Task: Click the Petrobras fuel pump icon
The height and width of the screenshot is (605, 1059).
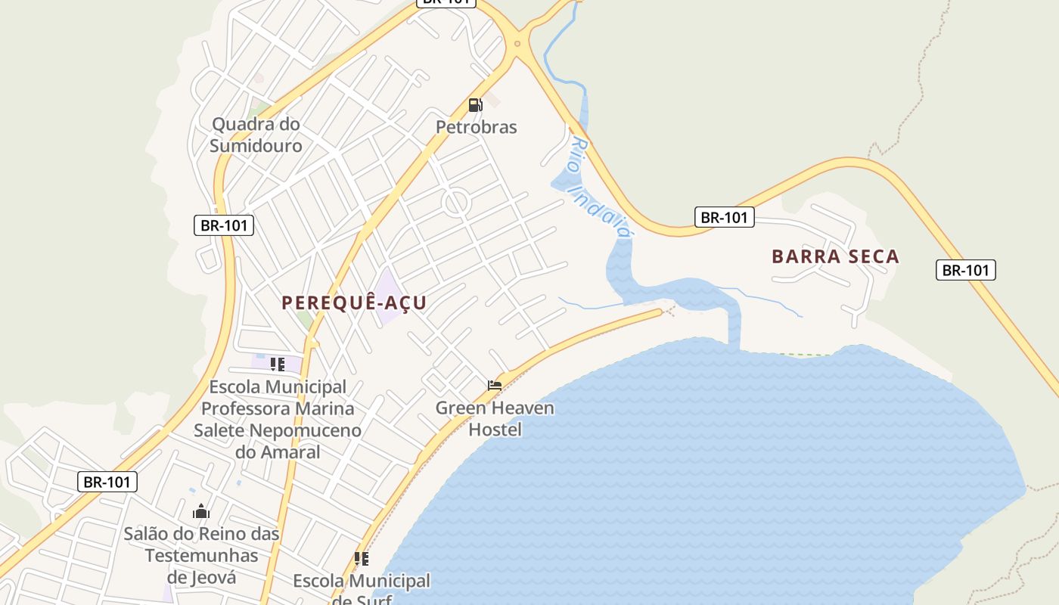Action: [475, 105]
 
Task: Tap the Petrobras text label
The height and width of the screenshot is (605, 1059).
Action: [477, 127]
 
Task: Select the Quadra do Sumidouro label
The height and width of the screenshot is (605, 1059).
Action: [256, 135]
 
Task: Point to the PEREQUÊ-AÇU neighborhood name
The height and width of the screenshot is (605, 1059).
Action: [354, 303]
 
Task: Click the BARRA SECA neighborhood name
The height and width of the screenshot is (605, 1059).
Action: [835, 257]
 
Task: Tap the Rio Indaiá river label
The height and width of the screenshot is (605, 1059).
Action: [601, 187]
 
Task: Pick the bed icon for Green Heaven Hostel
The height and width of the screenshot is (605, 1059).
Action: [495, 386]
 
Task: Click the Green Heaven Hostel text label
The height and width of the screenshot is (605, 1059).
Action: [495, 419]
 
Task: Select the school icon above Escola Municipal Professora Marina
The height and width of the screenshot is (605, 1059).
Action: [278, 365]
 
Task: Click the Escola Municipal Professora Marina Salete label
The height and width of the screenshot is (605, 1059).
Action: [278, 419]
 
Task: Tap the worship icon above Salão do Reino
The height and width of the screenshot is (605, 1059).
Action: [200, 512]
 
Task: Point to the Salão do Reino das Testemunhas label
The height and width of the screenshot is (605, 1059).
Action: [201, 555]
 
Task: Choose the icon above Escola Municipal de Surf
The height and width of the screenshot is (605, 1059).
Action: [362, 559]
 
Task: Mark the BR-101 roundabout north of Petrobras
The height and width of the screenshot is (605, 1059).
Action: [517, 43]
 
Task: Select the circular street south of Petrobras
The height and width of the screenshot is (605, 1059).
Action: [456, 202]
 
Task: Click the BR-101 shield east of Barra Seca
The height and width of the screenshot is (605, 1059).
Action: [966, 270]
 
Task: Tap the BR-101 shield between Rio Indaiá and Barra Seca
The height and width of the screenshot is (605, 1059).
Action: [724, 218]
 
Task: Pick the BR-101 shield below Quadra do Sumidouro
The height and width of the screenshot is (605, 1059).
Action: [224, 225]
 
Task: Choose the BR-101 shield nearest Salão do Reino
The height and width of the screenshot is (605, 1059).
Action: [107, 482]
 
